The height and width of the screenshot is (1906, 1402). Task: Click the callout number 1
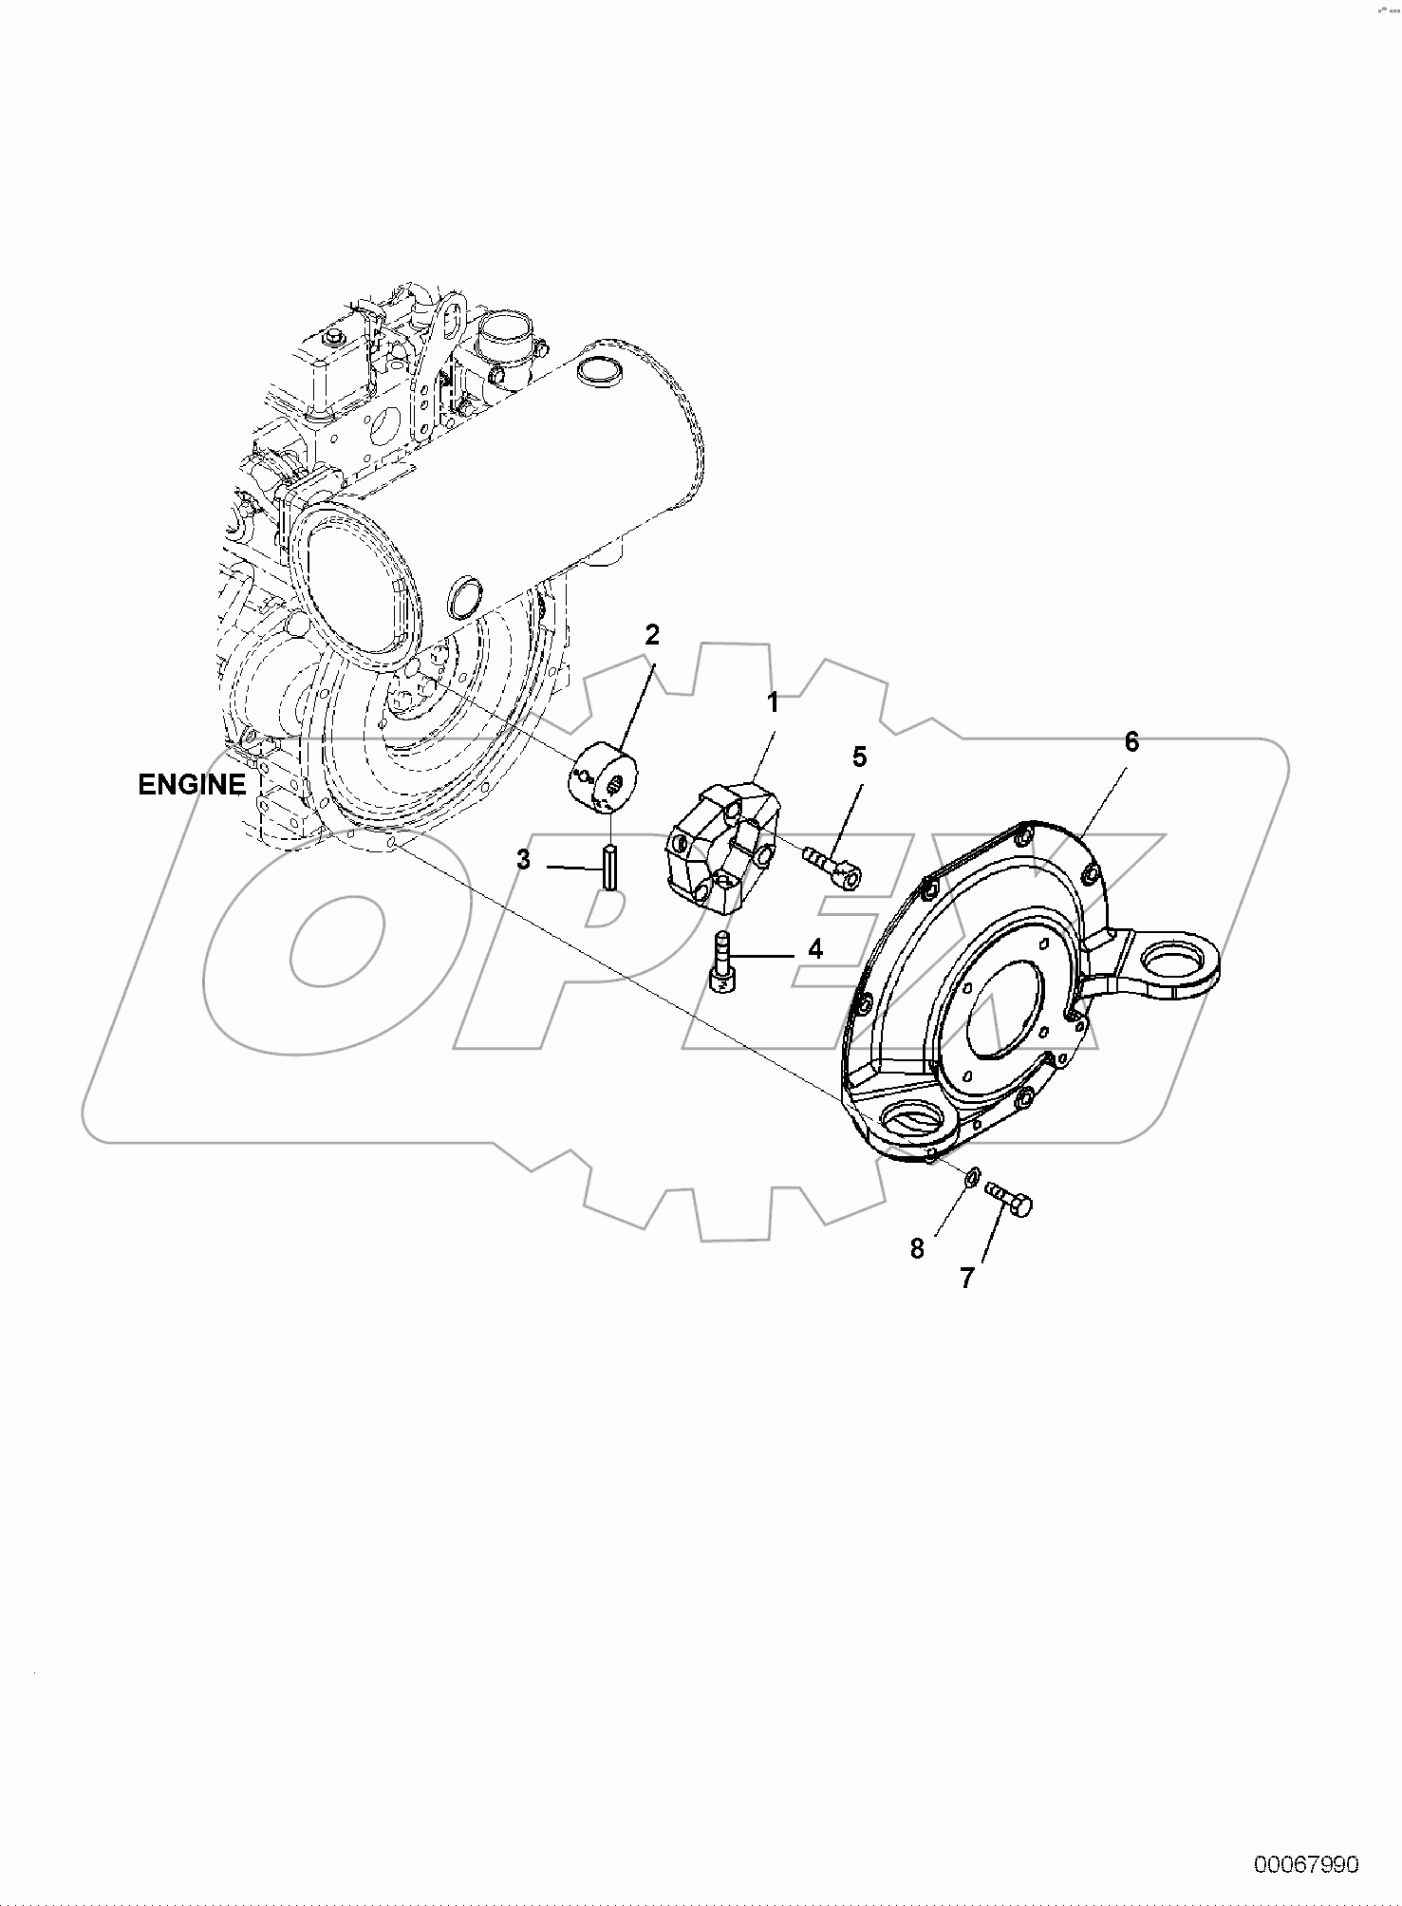pyautogui.click(x=773, y=703)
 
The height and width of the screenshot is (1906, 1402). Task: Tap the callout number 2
pyautogui.click(x=651, y=635)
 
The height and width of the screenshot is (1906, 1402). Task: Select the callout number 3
pyautogui.click(x=523, y=861)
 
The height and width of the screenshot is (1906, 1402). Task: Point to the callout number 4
pyautogui.click(x=814, y=948)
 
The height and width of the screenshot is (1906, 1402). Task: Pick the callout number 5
pyautogui.click(x=859, y=757)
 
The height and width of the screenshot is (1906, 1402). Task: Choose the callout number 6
pyautogui.click(x=1131, y=741)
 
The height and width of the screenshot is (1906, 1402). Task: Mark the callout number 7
pyautogui.click(x=966, y=1278)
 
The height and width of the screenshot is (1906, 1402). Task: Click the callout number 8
pyautogui.click(x=917, y=1248)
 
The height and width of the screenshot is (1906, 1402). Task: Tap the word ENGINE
pyautogui.click(x=191, y=785)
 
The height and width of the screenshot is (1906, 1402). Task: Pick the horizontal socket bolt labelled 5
pyautogui.click(x=832, y=865)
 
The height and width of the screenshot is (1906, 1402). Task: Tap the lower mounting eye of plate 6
pyautogui.click(x=913, y=1119)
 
